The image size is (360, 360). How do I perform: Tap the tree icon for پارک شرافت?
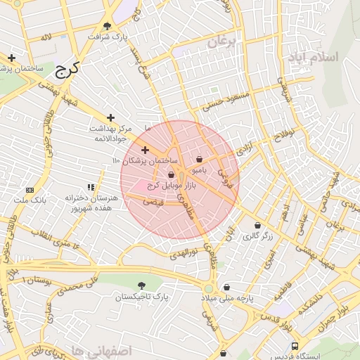107,25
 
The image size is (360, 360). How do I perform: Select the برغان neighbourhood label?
224,43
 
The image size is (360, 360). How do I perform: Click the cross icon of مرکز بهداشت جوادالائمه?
110,118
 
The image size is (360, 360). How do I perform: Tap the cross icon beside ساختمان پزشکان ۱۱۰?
146,150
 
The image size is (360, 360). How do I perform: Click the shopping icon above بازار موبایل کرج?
171,175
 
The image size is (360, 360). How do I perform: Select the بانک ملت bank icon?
30,190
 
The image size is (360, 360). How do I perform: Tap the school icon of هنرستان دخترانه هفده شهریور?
90,187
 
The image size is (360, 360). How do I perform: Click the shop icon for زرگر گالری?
257,226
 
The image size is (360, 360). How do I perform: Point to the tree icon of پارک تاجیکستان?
143,285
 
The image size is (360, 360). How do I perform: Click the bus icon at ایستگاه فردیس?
295,347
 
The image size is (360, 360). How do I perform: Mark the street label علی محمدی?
75,286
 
